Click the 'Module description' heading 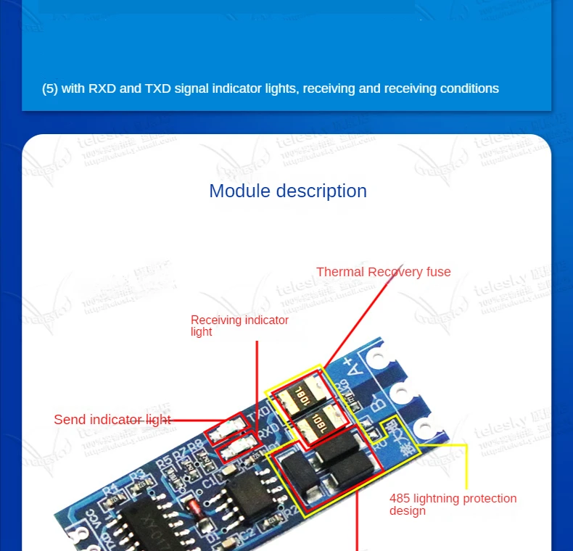pos(288,191)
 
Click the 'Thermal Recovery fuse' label pos(383,272)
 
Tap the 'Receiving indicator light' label pos(239,326)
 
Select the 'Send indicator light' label pos(112,419)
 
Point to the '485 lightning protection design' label pos(453,504)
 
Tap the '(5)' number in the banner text pos(49,88)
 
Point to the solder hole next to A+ pos(377,358)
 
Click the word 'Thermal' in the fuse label pos(339,272)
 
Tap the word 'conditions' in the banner pos(467,88)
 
